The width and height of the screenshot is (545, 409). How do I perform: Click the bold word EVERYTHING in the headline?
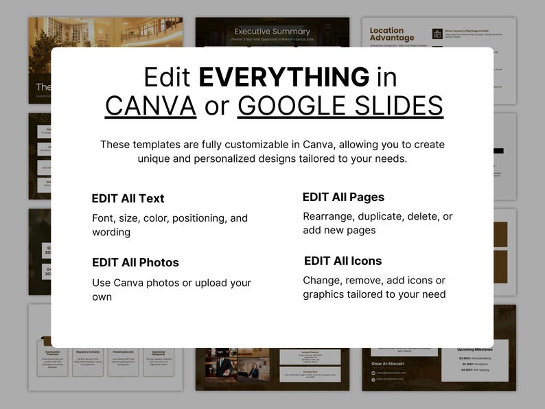click(283, 77)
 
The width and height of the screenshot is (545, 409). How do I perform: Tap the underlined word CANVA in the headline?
click(150, 106)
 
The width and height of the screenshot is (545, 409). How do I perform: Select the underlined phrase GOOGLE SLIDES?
click(340, 106)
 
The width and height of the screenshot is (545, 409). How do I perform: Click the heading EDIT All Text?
click(128, 199)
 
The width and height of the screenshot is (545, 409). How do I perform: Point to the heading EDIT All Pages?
click(343, 198)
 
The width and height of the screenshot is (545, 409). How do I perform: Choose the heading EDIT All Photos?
click(135, 263)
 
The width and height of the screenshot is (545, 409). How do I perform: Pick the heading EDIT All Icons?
click(343, 261)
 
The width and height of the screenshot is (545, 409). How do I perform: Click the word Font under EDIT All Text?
click(104, 218)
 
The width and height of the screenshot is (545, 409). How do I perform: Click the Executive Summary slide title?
click(272, 32)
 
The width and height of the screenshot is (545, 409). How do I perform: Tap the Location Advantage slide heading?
click(392, 34)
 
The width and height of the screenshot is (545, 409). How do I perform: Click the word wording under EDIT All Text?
click(111, 232)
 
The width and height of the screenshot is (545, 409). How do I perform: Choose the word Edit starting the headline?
click(167, 77)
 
